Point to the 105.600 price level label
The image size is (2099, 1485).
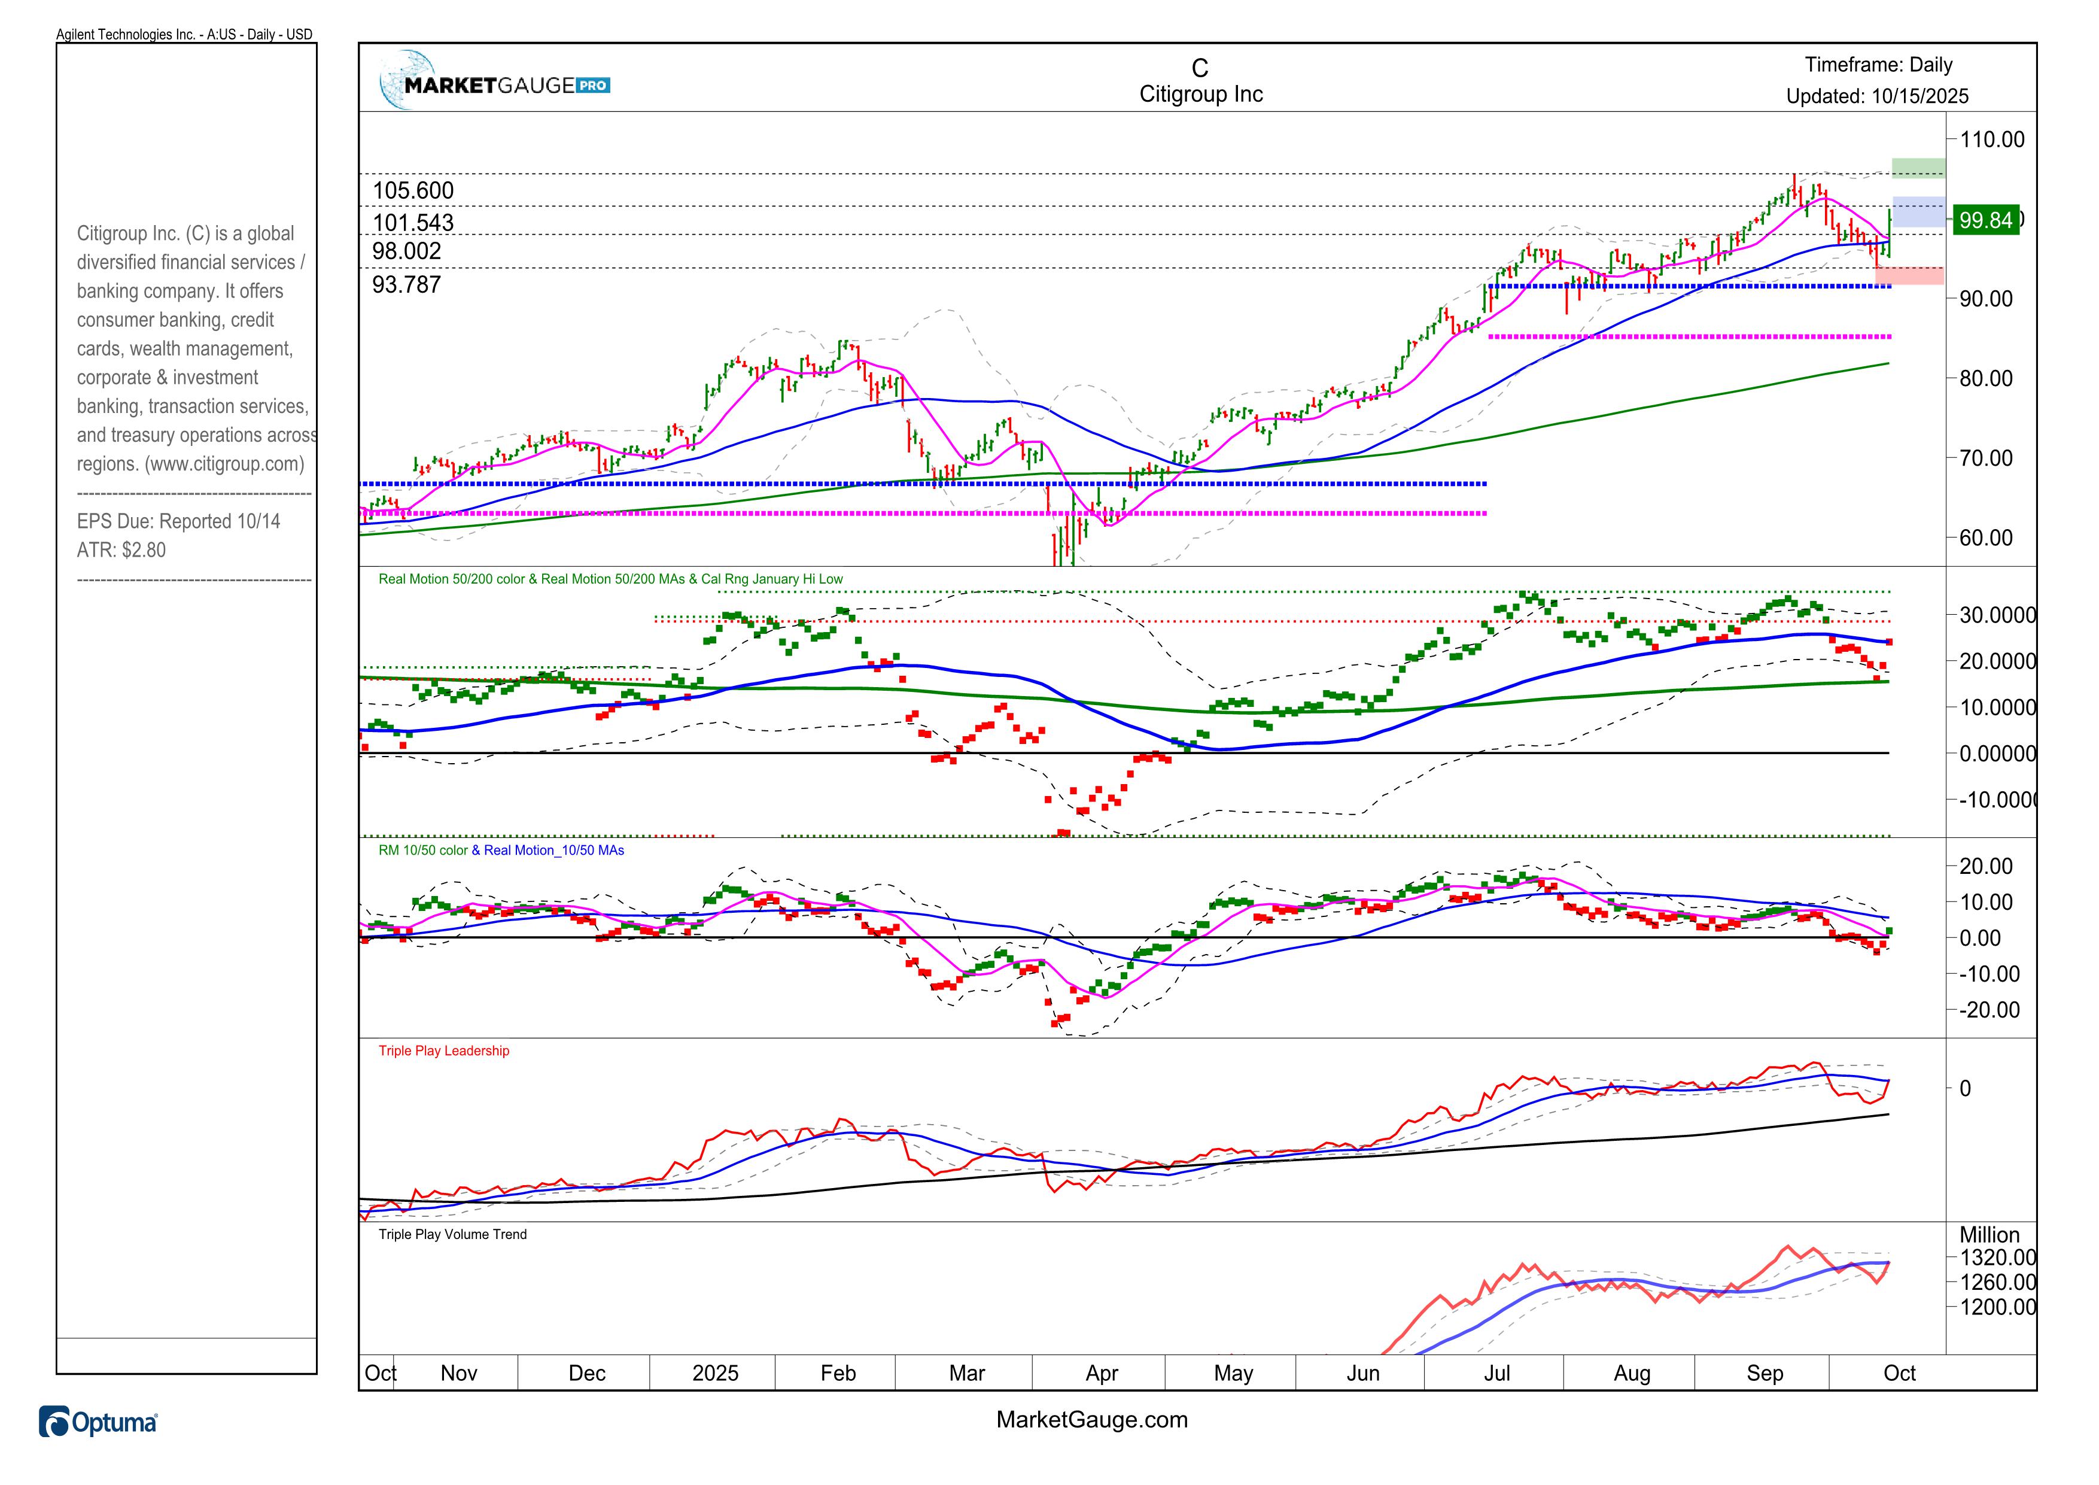(413, 190)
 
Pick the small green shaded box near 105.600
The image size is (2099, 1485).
(1917, 168)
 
